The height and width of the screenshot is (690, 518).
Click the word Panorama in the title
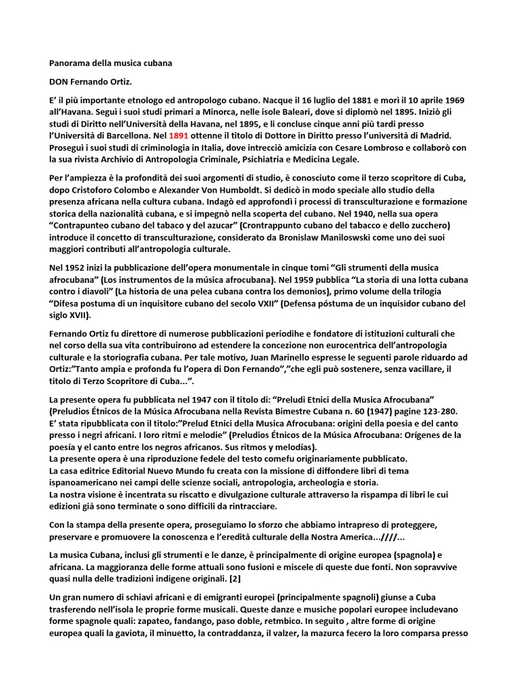click(x=72, y=63)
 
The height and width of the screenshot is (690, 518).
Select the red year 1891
click(x=179, y=135)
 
